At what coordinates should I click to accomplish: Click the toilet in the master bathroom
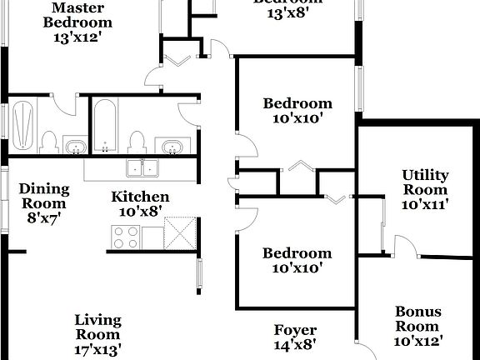[48, 143]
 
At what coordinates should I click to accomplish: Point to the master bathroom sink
[77, 147]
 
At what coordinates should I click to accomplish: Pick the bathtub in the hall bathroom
[104, 124]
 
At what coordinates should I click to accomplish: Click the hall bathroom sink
[172, 147]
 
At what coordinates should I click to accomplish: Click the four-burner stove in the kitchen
[125, 237]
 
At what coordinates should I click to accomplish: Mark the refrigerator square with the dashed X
[181, 232]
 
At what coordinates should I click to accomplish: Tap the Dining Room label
[43, 195]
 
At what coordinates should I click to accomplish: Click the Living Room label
[97, 327]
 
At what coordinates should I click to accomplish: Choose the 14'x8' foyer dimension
[295, 343]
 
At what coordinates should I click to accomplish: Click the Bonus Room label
[417, 319]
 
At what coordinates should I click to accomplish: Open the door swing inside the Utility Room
[404, 247]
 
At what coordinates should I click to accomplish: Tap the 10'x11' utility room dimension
[425, 204]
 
